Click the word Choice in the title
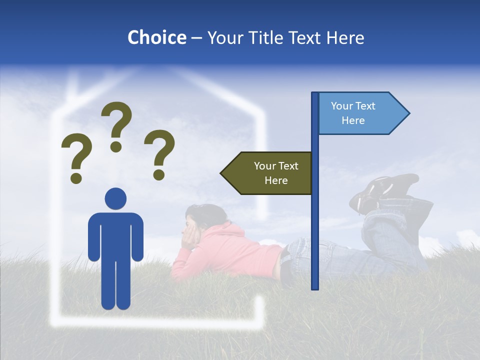(156, 37)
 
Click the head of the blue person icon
(115, 198)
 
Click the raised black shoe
(385, 190)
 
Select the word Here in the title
(345, 37)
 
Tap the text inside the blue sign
(353, 113)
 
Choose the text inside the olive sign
(276, 173)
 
